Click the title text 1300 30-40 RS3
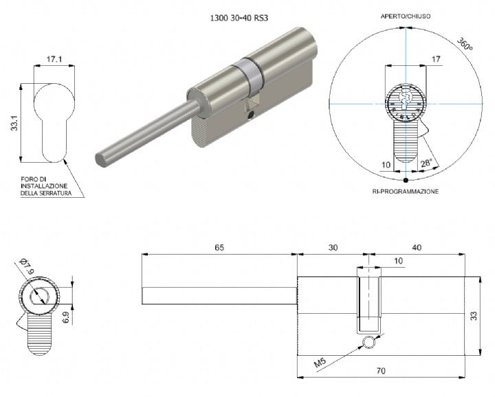pyautogui.click(x=239, y=18)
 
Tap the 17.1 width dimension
pyautogui.click(x=54, y=59)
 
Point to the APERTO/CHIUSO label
pyautogui.click(x=406, y=16)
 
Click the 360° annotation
pyautogui.click(x=465, y=45)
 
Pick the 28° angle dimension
pyautogui.click(x=426, y=163)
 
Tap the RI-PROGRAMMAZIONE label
pyautogui.click(x=406, y=192)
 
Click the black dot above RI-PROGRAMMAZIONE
pyautogui.click(x=406, y=180)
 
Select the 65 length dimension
pyautogui.click(x=219, y=247)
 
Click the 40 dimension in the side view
pyautogui.click(x=417, y=247)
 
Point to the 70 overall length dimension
pyautogui.click(x=381, y=371)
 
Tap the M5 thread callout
pyautogui.click(x=320, y=363)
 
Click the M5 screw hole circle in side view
pyautogui.click(x=369, y=343)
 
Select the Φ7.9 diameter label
pyautogui.click(x=25, y=266)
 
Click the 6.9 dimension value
pyautogui.click(x=66, y=316)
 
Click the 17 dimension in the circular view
pyautogui.click(x=436, y=59)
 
